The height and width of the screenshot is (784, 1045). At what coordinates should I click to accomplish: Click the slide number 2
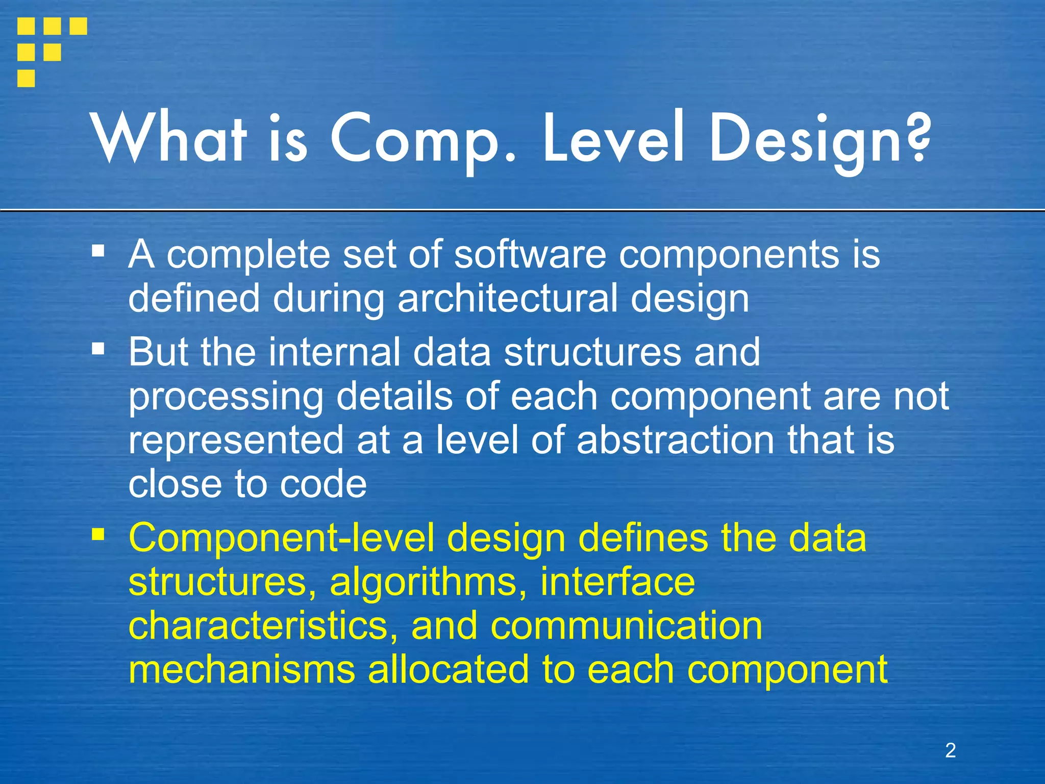click(950, 750)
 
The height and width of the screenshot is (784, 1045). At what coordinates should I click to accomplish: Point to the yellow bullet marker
click(98, 535)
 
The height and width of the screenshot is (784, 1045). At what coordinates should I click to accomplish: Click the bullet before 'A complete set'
click(98, 251)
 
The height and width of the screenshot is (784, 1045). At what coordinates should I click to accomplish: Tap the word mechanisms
click(241, 670)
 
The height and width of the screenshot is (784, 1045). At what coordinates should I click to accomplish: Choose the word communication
click(626, 627)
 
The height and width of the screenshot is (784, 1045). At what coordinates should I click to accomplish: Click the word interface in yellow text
click(617, 582)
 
